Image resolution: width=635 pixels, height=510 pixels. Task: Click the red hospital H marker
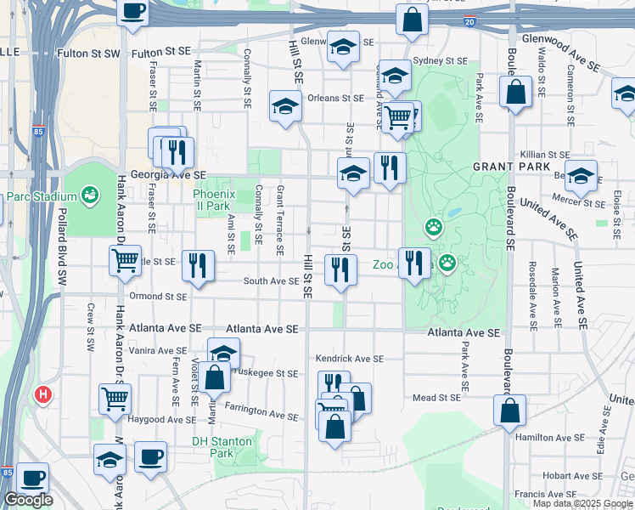point(43,394)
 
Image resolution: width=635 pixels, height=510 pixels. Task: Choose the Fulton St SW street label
point(89,53)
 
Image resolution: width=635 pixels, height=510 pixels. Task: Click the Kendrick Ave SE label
point(350,359)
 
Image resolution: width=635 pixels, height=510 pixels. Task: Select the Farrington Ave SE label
point(261,413)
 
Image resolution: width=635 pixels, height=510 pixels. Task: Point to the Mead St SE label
point(436,397)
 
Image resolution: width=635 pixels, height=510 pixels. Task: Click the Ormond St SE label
point(157,297)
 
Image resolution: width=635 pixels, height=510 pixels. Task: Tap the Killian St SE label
point(546,155)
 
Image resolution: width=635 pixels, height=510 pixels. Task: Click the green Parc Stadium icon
point(89,197)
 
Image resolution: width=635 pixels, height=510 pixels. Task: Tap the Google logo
point(28,500)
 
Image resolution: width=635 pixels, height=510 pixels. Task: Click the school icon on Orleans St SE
point(286,106)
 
